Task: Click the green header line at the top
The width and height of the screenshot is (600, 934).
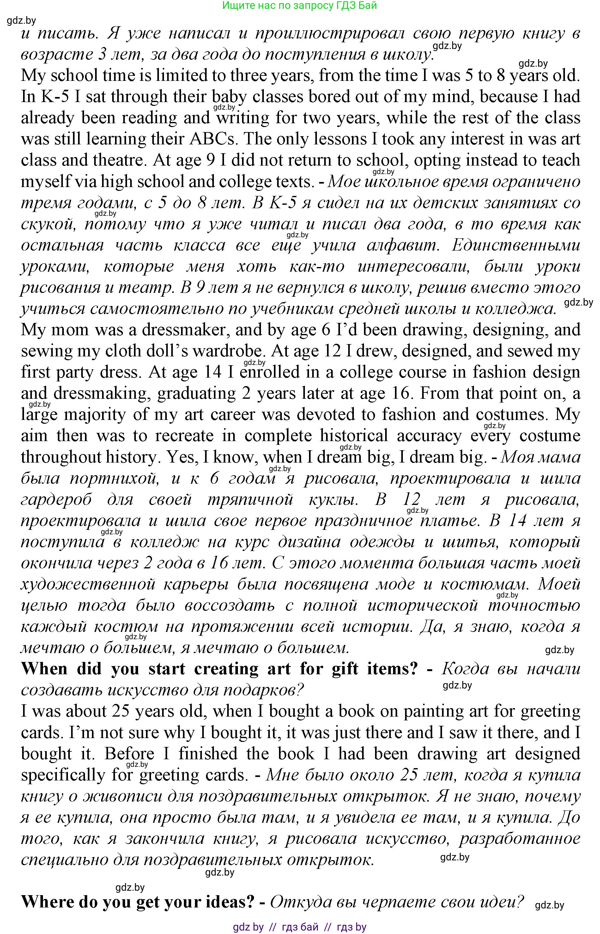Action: point(299,5)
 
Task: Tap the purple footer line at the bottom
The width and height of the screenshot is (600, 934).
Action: point(299,927)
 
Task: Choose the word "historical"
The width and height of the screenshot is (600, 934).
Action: point(354,436)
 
